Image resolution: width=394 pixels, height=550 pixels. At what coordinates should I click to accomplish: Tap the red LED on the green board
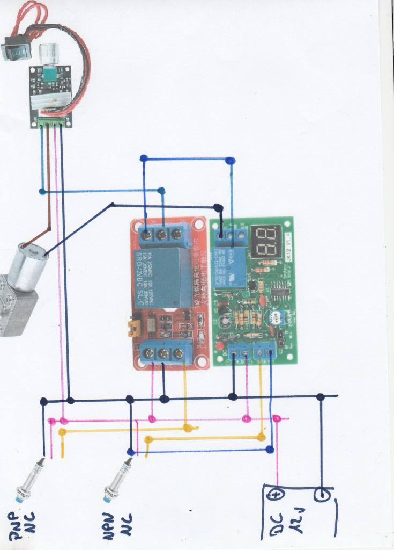pyautogui.click(x=219, y=344)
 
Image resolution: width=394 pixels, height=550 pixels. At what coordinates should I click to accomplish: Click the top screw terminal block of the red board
pyautogui.click(x=161, y=234)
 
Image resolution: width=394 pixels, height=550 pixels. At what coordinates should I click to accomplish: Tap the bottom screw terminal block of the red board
pyautogui.click(x=162, y=354)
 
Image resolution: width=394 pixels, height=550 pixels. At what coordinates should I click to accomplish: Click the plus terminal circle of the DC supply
pyautogui.click(x=277, y=495)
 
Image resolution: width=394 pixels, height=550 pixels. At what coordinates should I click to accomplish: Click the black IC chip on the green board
pyautogui.click(x=280, y=293)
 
